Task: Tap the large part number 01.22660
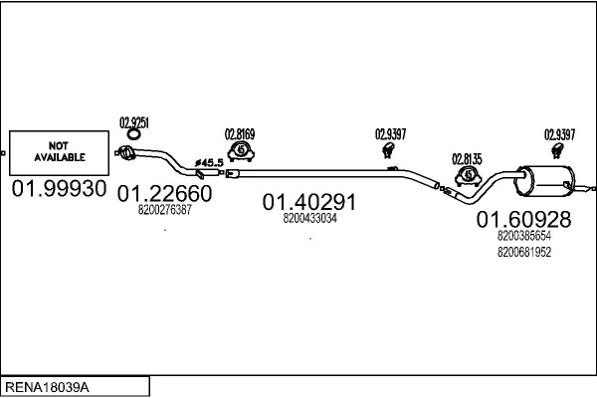pyautogui.click(x=165, y=193)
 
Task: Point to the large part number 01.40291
pyautogui.click(x=309, y=203)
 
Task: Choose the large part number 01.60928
pyautogui.click(x=523, y=219)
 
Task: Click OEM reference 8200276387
pyautogui.click(x=165, y=210)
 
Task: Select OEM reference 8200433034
pyautogui.click(x=309, y=218)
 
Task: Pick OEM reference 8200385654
pyautogui.click(x=523, y=237)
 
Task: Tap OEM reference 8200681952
pyautogui.click(x=523, y=252)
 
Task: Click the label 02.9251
pyautogui.click(x=134, y=122)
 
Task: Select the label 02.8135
pyautogui.click(x=467, y=157)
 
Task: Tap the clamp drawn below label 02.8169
pyautogui.click(x=241, y=151)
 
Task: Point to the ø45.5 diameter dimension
pyautogui.click(x=209, y=162)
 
